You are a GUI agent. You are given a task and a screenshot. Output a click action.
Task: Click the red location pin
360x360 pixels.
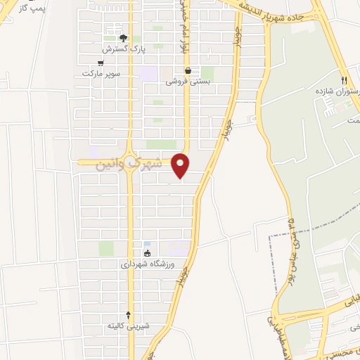click(x=181, y=165)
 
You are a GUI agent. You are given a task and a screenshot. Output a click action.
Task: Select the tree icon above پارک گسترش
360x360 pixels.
click(x=123, y=38)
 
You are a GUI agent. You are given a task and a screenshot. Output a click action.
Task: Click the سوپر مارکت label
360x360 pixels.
click(x=101, y=73)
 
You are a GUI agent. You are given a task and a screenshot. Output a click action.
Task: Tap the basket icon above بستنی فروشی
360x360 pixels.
click(x=188, y=70)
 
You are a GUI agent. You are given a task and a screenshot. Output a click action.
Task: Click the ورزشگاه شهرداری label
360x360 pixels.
click(x=145, y=265)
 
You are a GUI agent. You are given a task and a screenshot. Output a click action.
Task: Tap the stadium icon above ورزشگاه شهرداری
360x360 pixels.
click(x=147, y=253)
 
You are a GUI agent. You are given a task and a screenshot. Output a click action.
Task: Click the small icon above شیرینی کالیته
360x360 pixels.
click(x=128, y=315)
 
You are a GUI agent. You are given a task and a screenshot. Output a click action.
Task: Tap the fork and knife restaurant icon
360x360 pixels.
click(x=345, y=80)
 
